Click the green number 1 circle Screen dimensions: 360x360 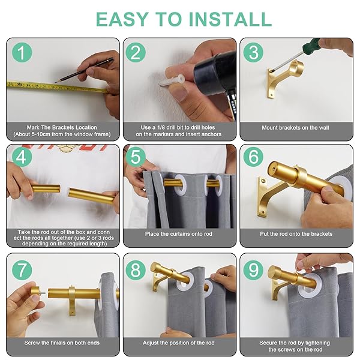tap(22, 52)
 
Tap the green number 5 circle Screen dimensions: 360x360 tap(136, 157)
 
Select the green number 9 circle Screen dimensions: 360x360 tap(253, 270)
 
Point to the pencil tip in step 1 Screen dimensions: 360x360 tap(55, 82)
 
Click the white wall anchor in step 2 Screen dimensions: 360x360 tap(172, 81)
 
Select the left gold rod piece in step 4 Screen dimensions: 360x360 tap(46, 189)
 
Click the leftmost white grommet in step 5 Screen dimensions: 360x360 tap(180, 184)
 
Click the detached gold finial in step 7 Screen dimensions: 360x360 tap(37, 293)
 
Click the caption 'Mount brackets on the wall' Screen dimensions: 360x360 tap(295, 128)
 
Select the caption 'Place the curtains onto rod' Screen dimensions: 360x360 tap(179, 234)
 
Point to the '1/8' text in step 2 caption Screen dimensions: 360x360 tap(161, 127)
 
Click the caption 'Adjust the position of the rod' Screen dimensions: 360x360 tap(179, 343)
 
